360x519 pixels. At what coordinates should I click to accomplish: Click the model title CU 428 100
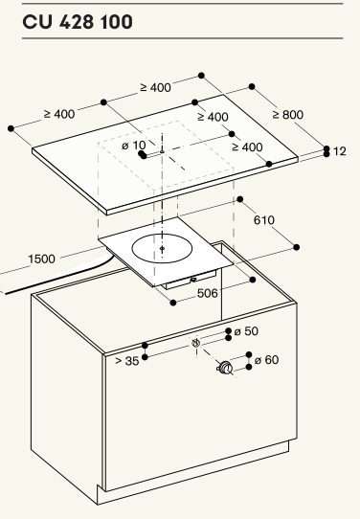pyautogui.click(x=78, y=22)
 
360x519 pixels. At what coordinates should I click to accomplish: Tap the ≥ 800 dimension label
pyautogui.click(x=288, y=115)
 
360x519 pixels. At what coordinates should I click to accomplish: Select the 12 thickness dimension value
pyautogui.click(x=340, y=151)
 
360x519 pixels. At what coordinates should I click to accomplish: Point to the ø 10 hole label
pyautogui.click(x=134, y=146)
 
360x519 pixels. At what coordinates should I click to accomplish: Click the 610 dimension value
pyautogui.click(x=264, y=220)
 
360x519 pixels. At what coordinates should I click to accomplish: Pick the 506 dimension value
pyautogui.click(x=208, y=293)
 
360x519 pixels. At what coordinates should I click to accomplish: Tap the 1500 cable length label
pyautogui.click(x=41, y=259)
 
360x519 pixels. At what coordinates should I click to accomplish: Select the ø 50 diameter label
pyautogui.click(x=246, y=331)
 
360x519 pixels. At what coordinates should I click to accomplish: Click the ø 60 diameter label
pyautogui.click(x=267, y=359)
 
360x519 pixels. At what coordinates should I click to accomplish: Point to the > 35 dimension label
pyautogui.click(x=127, y=361)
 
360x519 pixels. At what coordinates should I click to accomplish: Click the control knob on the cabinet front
pyautogui.click(x=225, y=368)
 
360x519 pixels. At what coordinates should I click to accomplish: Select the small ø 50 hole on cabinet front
pyautogui.click(x=196, y=343)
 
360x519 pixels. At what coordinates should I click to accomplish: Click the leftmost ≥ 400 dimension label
pyautogui.click(x=59, y=114)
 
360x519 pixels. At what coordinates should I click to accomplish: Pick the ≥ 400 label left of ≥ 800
pyautogui.click(x=213, y=117)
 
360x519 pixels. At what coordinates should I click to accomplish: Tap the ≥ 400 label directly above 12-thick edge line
pyautogui.click(x=247, y=147)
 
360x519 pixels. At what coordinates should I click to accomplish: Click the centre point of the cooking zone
pyautogui.click(x=162, y=248)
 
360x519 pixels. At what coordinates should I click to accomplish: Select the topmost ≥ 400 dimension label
pyautogui.click(x=155, y=87)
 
